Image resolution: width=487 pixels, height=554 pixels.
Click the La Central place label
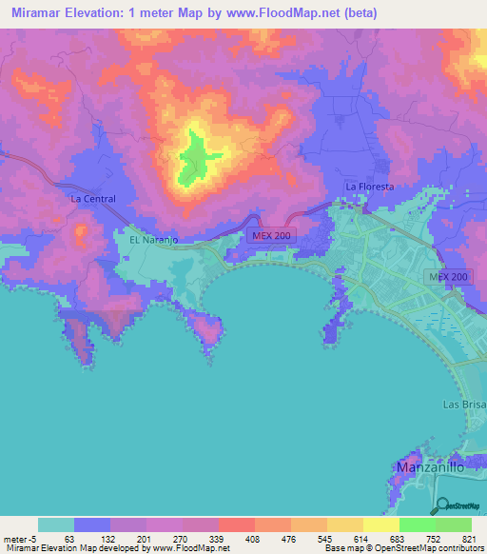[93, 199]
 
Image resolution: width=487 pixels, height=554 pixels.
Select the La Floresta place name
[369, 188]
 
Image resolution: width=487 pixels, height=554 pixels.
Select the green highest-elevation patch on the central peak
[200, 152]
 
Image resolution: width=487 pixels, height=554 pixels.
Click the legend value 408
[224, 540]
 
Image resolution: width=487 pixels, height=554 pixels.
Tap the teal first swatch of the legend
[56, 524]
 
